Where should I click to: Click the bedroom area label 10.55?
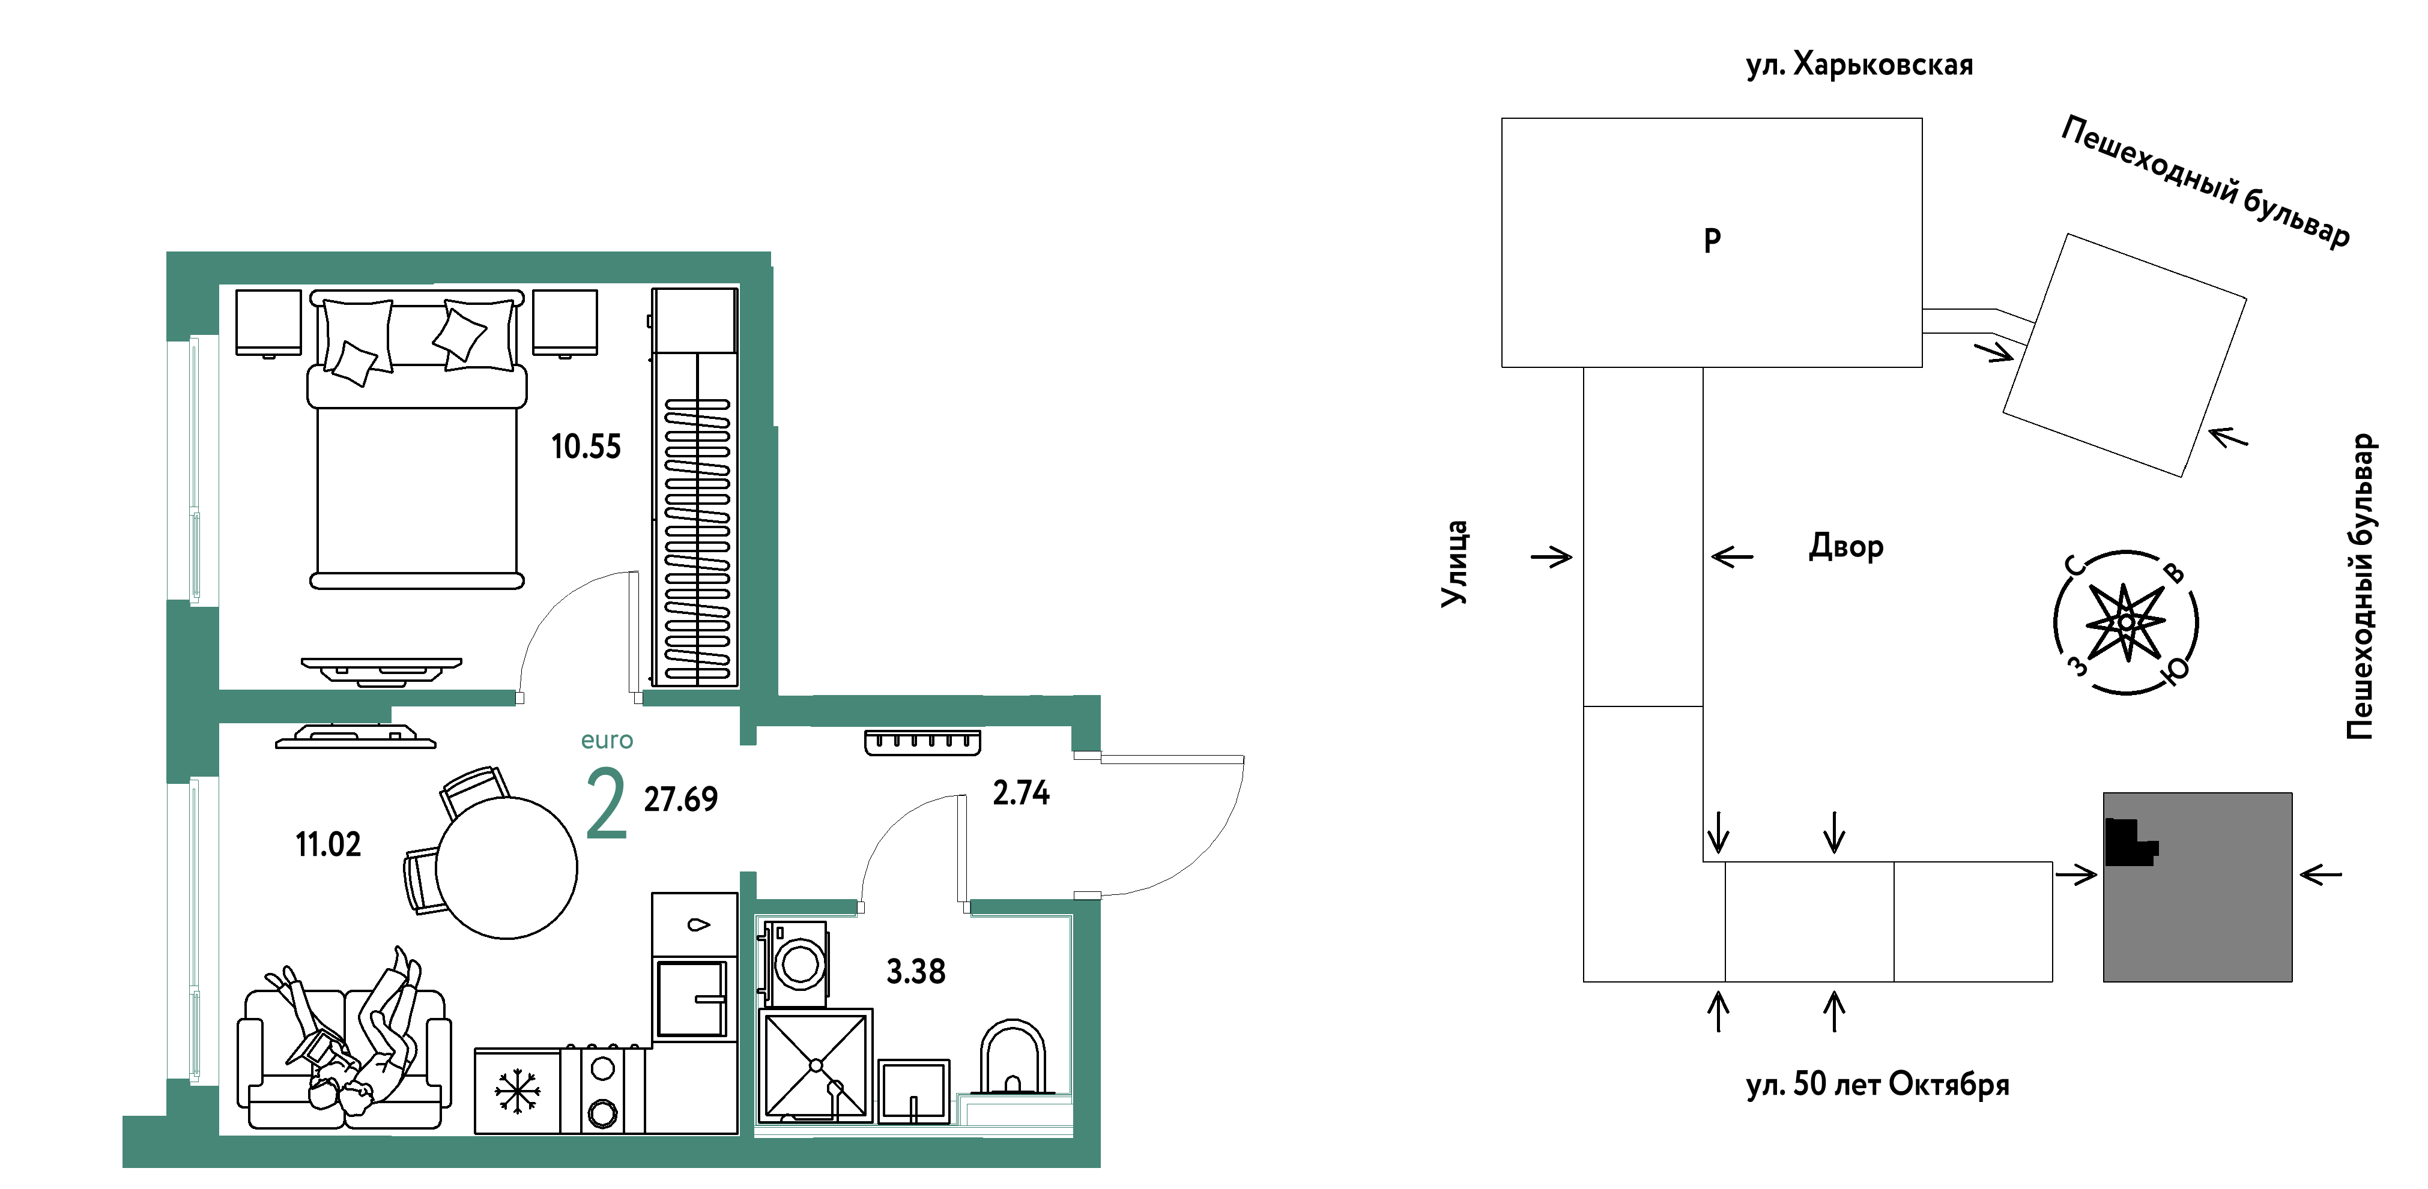(x=586, y=447)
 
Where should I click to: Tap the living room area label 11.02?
(x=328, y=844)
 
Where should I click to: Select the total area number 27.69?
(x=680, y=799)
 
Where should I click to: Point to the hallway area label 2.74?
(x=1021, y=793)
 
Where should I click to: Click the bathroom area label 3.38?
(x=915, y=971)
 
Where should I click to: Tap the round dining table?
(x=506, y=868)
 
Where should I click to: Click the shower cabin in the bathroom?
(x=816, y=1065)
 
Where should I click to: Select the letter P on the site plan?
(x=1713, y=241)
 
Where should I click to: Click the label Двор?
(x=1845, y=546)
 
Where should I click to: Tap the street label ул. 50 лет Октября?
(x=1877, y=1085)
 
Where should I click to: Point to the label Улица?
(x=1455, y=564)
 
